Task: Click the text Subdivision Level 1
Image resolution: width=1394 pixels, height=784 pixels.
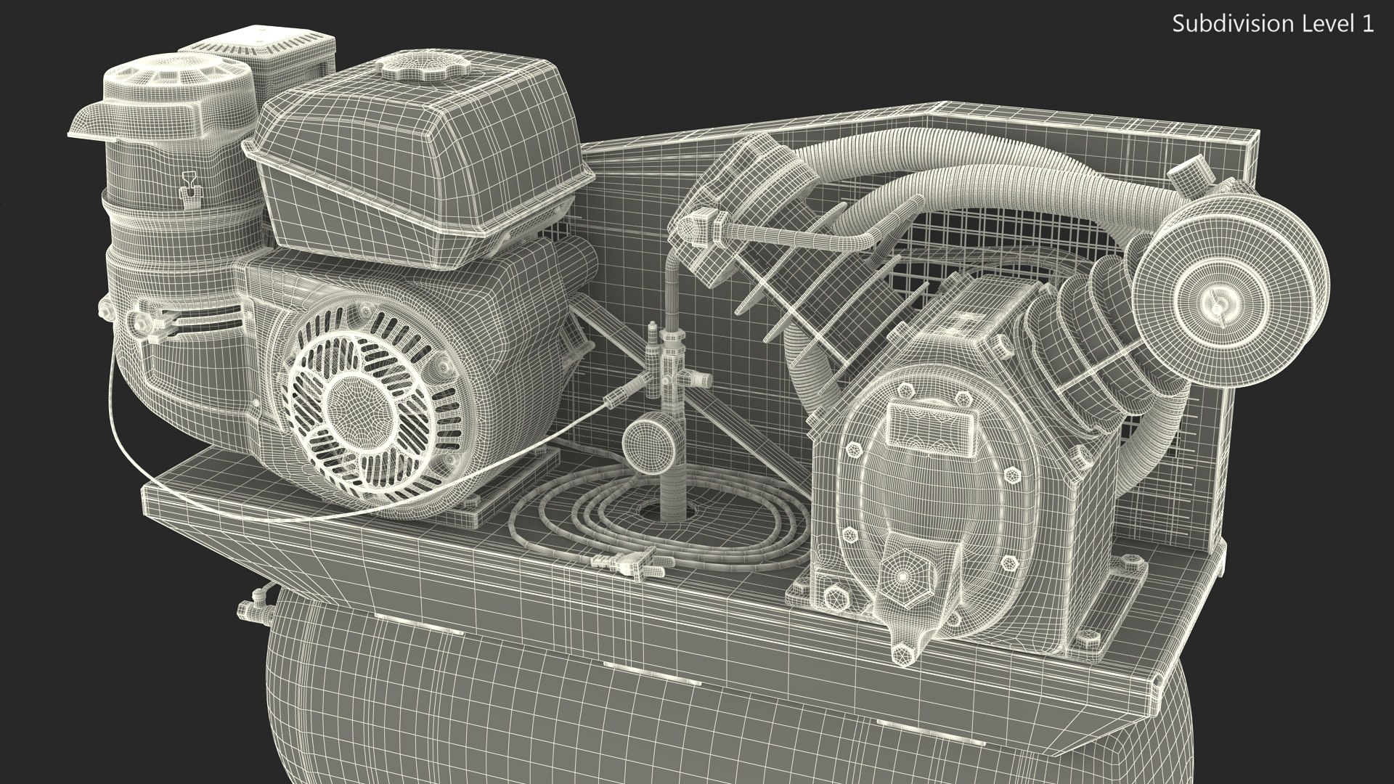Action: tap(1273, 25)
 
